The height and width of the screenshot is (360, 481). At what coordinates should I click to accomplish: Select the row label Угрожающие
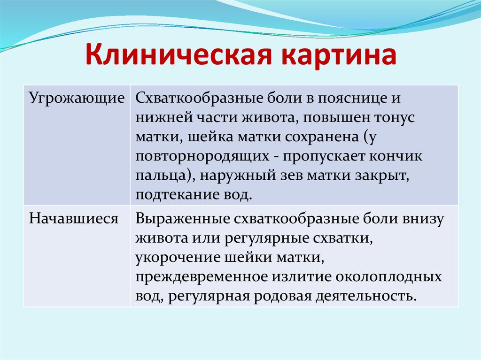tap(77, 99)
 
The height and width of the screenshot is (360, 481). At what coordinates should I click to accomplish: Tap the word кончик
tap(397, 157)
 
